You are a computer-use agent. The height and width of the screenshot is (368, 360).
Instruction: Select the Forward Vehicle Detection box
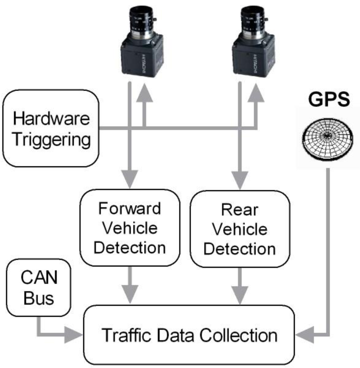pyautogui.click(x=129, y=228)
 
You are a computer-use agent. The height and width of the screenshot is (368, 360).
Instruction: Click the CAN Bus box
pyautogui.click(x=38, y=287)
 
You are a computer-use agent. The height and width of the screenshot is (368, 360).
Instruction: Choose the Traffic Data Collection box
pyautogui.click(x=189, y=335)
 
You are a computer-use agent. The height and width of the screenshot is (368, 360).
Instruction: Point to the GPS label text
pyautogui.click(x=328, y=99)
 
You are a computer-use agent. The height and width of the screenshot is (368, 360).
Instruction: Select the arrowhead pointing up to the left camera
pyautogui.click(x=144, y=92)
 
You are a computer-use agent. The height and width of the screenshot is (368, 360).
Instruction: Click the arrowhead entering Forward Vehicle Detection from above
pyautogui.click(x=129, y=180)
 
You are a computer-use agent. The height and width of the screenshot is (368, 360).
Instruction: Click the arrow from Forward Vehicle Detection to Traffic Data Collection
pyautogui.click(x=129, y=286)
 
